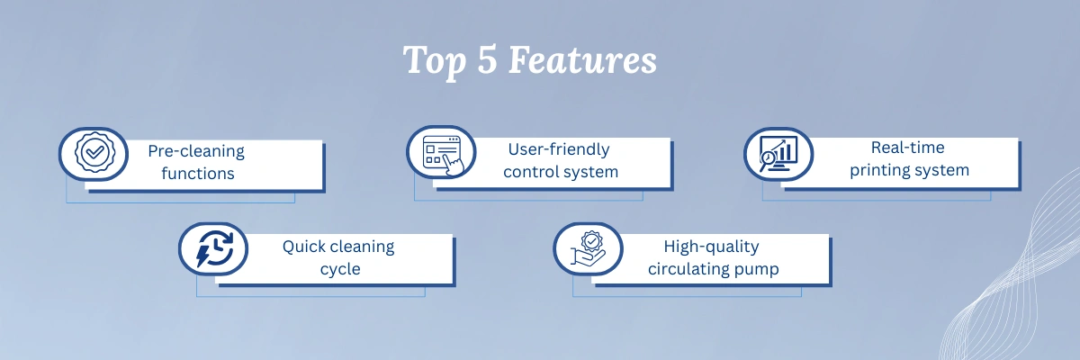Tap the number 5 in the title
pos(487,58)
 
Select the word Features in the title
pos(582,59)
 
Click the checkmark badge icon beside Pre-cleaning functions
pos(94,153)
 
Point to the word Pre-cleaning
pos(196,151)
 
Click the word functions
pos(198,173)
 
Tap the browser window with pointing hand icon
pos(443,155)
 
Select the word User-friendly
pos(559,149)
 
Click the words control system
pos(561,172)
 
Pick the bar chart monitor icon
pos(778,154)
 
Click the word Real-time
pos(907,147)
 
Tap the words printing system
pos(909,170)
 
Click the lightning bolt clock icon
pos(214,248)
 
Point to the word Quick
pos(304,247)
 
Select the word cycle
pos(340,269)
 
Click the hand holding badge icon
pos(588,248)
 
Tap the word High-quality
pos(711,247)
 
